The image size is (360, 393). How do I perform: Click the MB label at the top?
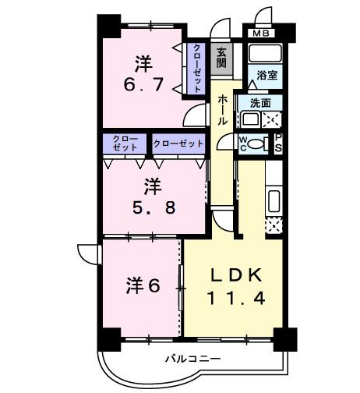(259, 34)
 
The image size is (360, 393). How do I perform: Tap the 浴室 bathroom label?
(260, 76)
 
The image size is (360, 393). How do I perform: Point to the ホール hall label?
(223, 110)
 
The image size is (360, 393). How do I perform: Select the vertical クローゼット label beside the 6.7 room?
(197, 68)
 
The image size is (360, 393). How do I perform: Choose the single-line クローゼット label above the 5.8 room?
(178, 144)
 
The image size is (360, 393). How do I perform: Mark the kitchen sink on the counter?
(274, 200)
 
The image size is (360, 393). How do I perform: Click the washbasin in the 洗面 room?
(251, 119)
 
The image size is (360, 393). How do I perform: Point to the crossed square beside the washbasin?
(272, 119)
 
